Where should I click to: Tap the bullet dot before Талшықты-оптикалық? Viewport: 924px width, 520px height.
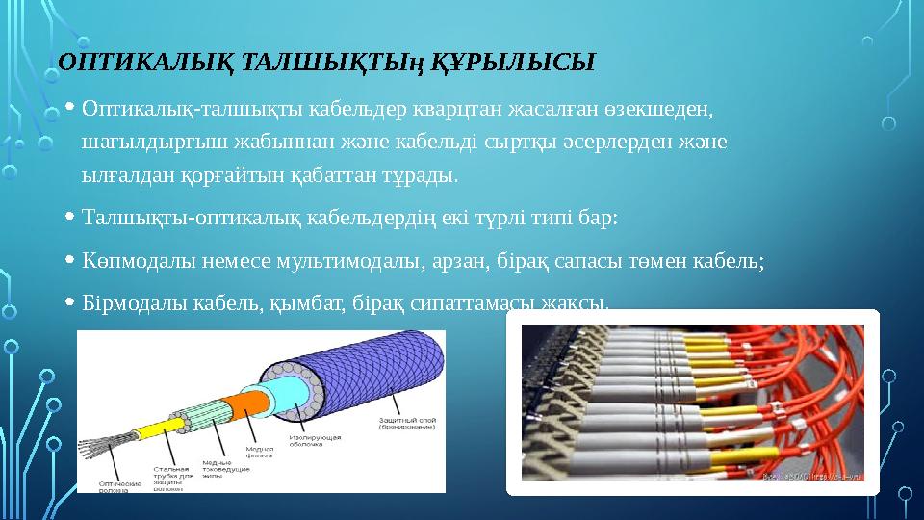pos(73,220)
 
